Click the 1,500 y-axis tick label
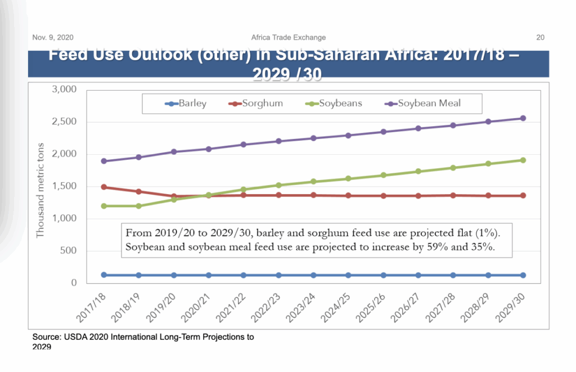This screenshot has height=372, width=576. tap(64, 187)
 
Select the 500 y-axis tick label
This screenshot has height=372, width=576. tap(68, 251)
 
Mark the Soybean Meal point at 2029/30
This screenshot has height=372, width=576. tap(523, 118)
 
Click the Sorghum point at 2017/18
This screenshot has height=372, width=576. tap(104, 187)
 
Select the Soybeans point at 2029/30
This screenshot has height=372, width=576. tap(523, 160)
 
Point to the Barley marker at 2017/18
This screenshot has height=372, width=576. tap(104, 275)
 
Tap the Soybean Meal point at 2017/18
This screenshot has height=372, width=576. tap(104, 161)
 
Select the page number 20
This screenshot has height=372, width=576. tap(540, 38)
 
